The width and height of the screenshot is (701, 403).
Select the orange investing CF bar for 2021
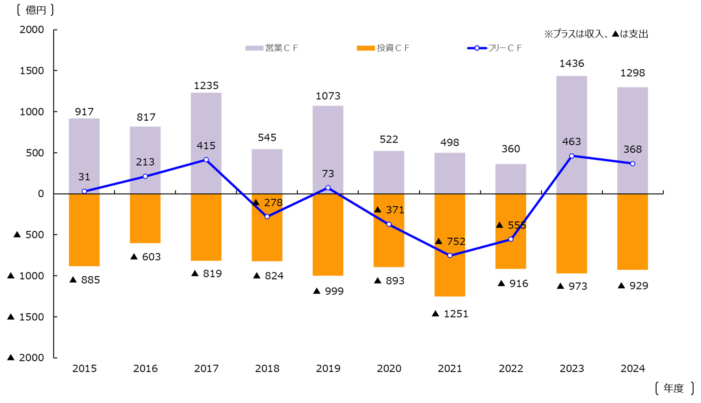pos(450,277)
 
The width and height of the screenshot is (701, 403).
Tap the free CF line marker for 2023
pos(572,156)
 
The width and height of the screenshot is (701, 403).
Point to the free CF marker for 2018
pos(267,217)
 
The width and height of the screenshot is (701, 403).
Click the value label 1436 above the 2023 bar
pos(572,63)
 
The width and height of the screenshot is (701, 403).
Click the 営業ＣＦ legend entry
pos(272,48)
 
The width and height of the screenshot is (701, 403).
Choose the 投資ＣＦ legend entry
pos(383,48)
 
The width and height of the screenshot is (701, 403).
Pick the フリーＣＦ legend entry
pos(495,48)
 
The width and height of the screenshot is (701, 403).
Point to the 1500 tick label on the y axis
pos(32,71)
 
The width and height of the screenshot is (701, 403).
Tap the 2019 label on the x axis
pos(328,368)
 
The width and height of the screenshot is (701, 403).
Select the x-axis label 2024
pos(633,368)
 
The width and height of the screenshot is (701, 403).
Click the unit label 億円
pos(36,10)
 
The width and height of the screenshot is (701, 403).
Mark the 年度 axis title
pos(674,388)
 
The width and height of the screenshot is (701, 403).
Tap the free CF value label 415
pos(206,146)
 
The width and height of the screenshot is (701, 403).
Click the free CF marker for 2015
pos(84,191)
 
